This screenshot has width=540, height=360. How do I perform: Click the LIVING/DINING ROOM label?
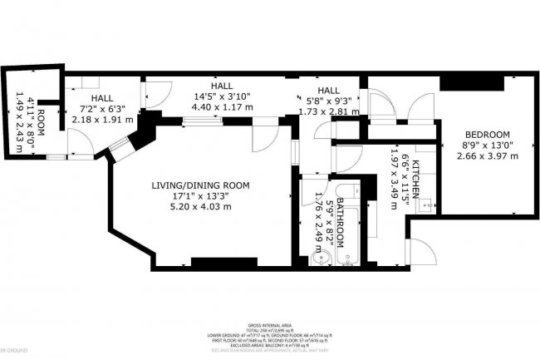click(200, 185)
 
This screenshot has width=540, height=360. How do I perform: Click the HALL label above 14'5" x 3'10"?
click(221, 86)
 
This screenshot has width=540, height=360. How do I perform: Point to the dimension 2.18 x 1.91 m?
click(96, 120)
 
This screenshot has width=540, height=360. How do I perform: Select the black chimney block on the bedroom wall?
click(471, 82)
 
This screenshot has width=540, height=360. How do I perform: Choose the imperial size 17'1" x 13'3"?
click(200, 195)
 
